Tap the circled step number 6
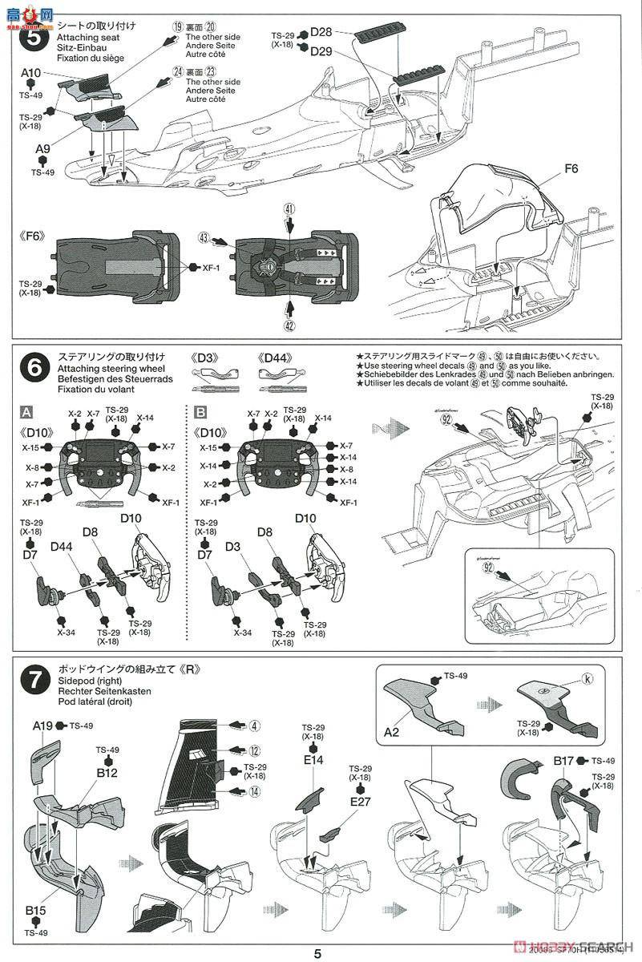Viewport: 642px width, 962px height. coord(36,370)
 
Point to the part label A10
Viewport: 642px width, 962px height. coord(30,73)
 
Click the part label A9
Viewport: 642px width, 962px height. coord(42,149)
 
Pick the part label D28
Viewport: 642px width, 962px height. coord(321,31)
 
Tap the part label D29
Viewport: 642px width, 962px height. coord(321,51)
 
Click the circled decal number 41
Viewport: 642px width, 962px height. coord(289,208)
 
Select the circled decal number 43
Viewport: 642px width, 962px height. coord(204,237)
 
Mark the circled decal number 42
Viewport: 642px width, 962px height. coord(289,325)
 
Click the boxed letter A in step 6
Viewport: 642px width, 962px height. coord(26,412)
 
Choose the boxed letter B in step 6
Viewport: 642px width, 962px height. coord(200,412)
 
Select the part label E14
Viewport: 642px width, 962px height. coord(313,760)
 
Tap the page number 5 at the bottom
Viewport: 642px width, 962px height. coord(318,953)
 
